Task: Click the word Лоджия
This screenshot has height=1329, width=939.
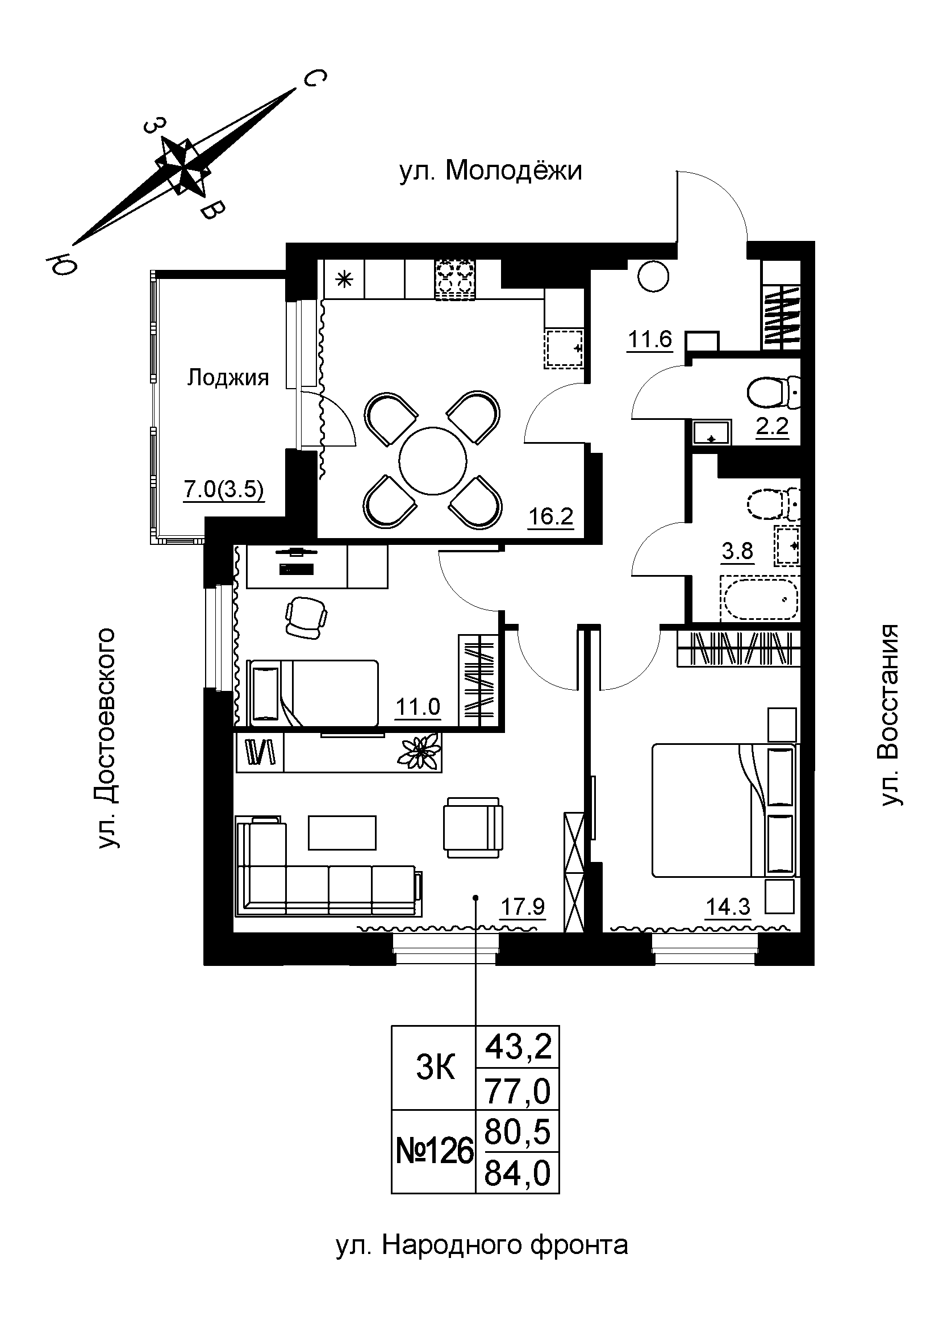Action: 228,378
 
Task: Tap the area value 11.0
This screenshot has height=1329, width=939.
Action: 418,707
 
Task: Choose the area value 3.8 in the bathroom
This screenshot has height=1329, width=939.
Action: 738,551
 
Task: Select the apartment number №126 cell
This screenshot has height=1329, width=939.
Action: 435,1152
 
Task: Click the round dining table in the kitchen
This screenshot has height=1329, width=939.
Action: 433,461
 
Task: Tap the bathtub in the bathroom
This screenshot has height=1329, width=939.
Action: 759,598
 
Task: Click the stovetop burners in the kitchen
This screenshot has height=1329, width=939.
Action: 454,281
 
